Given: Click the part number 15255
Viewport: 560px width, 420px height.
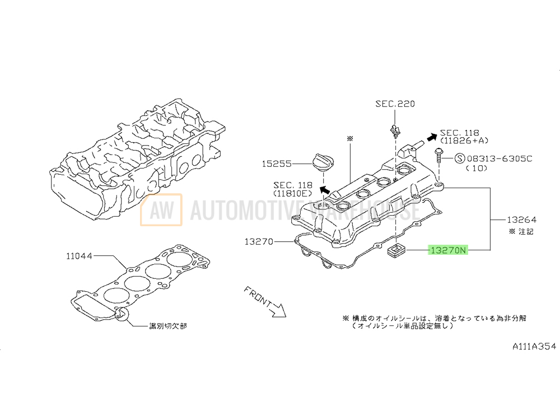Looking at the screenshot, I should pos(277,164).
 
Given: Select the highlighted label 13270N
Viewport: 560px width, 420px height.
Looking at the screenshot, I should pos(447,250).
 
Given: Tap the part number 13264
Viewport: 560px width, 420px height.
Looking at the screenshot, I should pos(522,220).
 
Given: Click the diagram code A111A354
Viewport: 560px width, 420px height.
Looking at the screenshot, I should pos(535,347).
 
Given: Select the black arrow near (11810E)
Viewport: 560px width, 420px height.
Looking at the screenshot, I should pos(324,189).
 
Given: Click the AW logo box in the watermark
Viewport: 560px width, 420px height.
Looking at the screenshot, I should pos(161,209).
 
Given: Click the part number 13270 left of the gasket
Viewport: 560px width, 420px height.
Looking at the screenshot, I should pos(259,242).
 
